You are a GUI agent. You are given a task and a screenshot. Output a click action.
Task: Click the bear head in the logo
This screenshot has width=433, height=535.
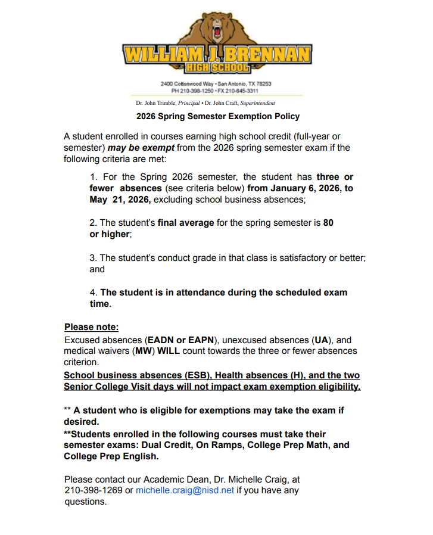[x=215, y=29]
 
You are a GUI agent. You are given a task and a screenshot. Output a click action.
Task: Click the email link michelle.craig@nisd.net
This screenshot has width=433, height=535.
[x=185, y=490]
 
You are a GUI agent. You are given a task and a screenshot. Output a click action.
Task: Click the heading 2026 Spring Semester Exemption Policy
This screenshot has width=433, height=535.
[x=218, y=116]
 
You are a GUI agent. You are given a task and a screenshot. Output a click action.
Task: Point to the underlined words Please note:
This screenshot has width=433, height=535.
[x=91, y=327]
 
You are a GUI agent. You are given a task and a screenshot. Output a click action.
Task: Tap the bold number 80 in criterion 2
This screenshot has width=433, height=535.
[x=328, y=222]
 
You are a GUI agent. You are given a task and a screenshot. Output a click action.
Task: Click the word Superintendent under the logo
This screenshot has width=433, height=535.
[x=257, y=103]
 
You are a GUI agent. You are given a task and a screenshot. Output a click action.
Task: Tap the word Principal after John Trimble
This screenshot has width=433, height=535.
[x=189, y=103]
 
